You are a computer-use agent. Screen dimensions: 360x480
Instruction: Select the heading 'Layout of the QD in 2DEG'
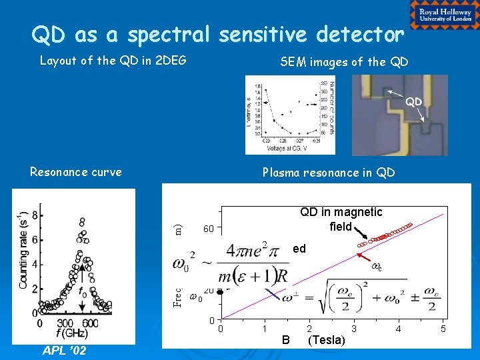pyautogui.click(x=113, y=61)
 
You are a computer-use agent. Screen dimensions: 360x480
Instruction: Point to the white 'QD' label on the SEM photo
pyautogui.click(x=414, y=102)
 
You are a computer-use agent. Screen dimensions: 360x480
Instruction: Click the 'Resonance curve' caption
pyautogui.click(x=76, y=172)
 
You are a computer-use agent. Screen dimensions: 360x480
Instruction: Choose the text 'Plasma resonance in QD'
pyautogui.click(x=329, y=173)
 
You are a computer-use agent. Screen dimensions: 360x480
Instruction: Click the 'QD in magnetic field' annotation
pyautogui.click(x=341, y=219)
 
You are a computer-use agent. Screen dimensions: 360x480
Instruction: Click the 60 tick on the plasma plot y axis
pyautogui.click(x=208, y=229)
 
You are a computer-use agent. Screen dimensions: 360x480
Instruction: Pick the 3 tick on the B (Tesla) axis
pyautogui.click(x=354, y=329)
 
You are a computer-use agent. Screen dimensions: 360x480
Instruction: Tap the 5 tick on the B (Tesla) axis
pyautogui.click(x=443, y=329)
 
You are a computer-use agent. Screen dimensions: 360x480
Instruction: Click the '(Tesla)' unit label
pyautogui.click(x=326, y=341)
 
